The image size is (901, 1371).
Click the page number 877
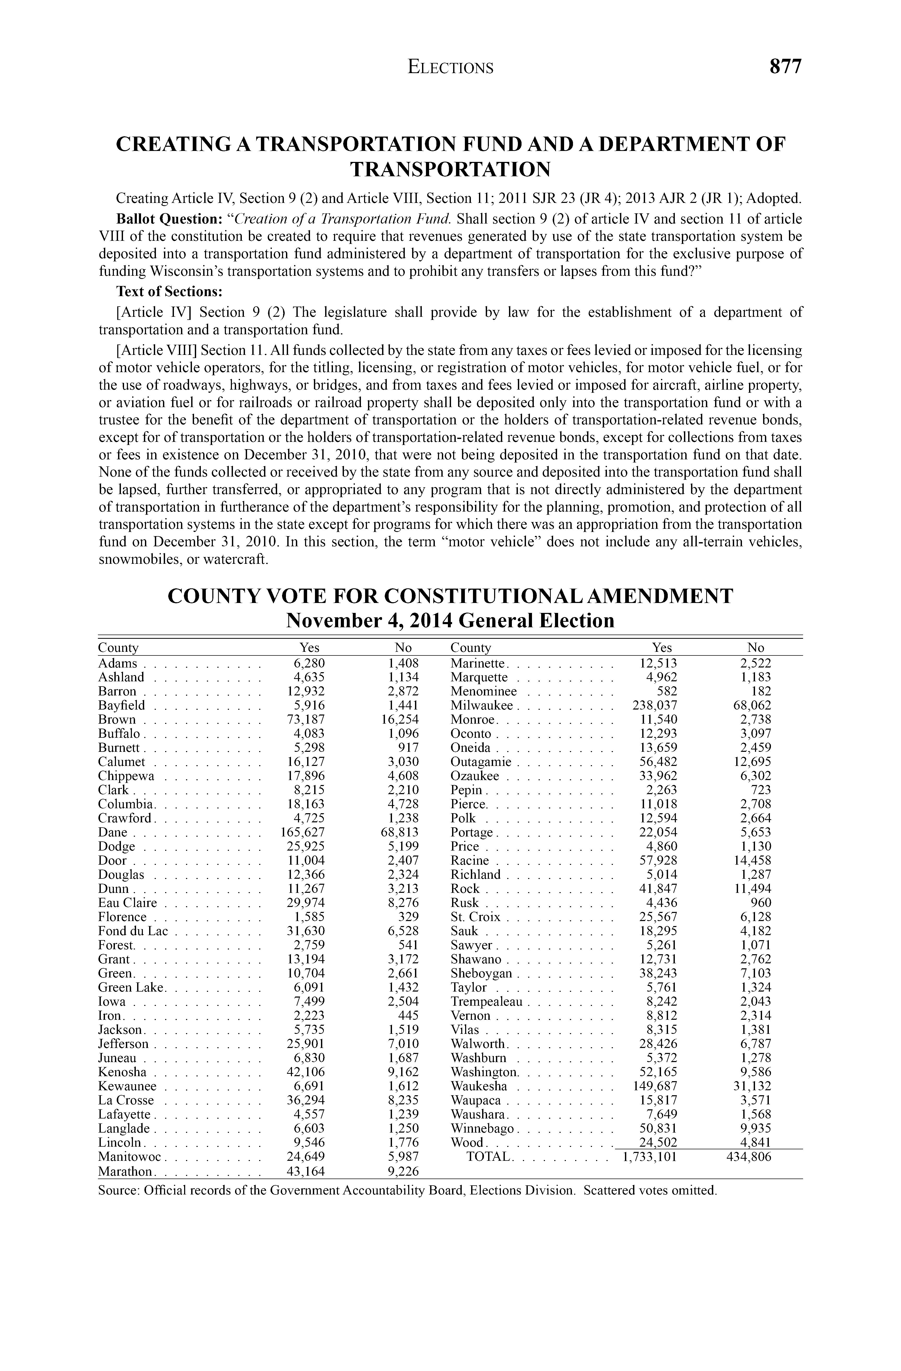point(785,67)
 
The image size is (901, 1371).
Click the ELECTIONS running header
point(450,68)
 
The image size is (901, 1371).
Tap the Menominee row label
point(483,691)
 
